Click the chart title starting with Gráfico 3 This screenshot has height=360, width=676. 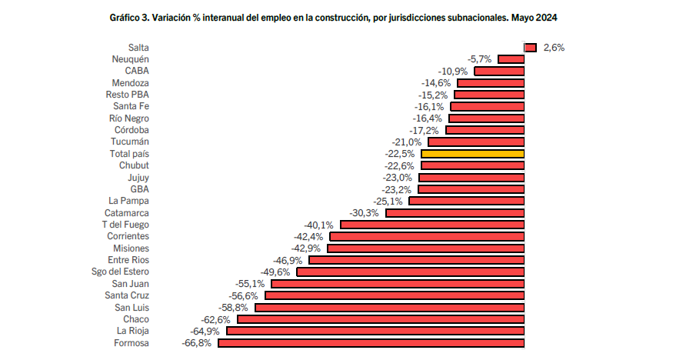(x=333, y=17)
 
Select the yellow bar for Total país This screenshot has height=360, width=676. (x=472, y=154)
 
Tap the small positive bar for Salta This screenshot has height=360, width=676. (x=530, y=48)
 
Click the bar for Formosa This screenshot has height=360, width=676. (x=371, y=343)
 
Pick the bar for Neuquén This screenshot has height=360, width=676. (x=511, y=59)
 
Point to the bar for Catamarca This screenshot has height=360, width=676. (x=455, y=213)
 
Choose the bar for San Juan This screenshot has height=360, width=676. (x=398, y=284)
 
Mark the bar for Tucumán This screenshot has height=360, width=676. (x=476, y=142)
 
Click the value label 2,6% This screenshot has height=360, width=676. (x=554, y=48)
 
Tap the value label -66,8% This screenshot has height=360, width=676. (x=195, y=343)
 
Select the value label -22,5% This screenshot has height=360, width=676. (x=399, y=154)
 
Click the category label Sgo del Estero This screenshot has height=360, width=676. (x=119, y=272)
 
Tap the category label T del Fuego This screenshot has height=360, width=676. (x=125, y=225)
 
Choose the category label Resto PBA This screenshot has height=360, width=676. (x=128, y=95)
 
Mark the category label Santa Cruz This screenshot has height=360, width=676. (x=127, y=295)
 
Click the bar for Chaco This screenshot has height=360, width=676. (x=381, y=319)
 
